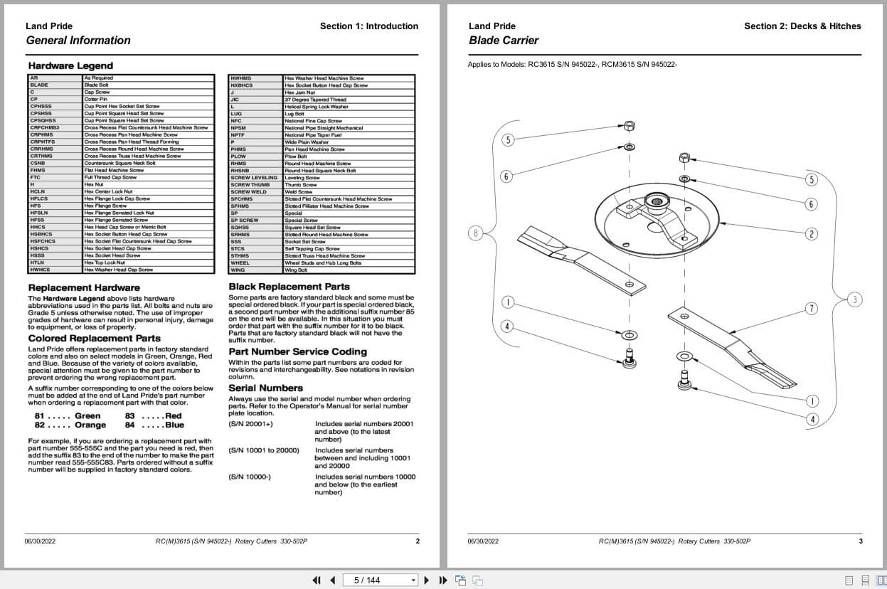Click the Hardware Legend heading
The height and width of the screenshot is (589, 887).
[70, 65]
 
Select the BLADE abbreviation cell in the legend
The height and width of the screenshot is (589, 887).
[39, 85]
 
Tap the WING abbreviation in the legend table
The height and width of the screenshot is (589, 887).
[238, 270]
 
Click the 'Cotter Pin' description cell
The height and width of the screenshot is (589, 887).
[95, 99]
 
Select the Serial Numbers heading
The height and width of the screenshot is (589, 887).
[265, 388]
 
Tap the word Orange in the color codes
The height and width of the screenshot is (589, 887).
[90, 425]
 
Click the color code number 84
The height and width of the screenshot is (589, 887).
[129, 425]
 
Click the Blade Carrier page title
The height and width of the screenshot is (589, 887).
[504, 41]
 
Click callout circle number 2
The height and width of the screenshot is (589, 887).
[812, 234]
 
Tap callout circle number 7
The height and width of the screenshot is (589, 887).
[812, 308]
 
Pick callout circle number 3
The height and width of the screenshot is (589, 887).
[855, 299]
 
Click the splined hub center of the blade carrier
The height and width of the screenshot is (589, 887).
[656, 204]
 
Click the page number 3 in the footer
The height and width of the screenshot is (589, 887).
[860, 541]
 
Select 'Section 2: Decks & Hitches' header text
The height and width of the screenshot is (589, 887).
[802, 26]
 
